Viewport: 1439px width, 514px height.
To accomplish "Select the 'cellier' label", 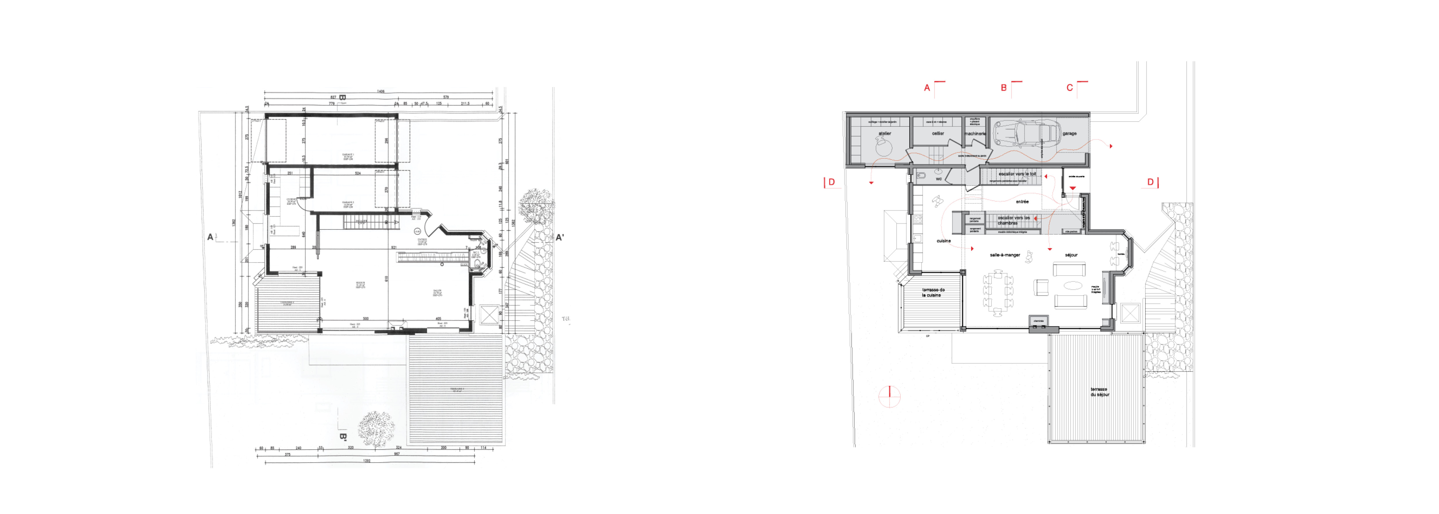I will (938, 133).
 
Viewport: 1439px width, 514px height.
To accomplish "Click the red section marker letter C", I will (1070, 88).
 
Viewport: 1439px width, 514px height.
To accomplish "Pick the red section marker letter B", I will (1004, 88).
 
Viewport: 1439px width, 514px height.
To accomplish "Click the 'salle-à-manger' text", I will (1005, 255).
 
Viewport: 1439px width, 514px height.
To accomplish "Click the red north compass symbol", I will (889, 397).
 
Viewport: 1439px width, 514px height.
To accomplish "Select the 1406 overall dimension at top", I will (381, 91).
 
